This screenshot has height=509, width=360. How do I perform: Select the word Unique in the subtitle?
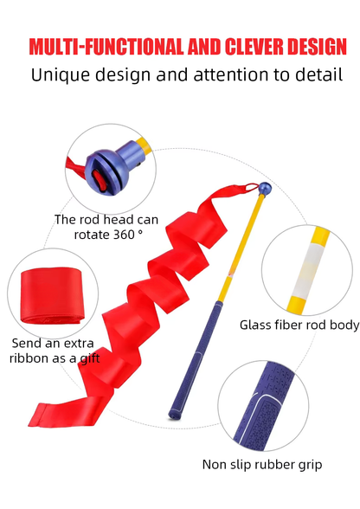click(x=60, y=75)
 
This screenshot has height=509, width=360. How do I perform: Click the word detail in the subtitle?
click(x=318, y=74)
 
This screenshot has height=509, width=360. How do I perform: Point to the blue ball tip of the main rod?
click(x=265, y=189)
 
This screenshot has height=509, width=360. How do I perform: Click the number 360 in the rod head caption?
click(x=124, y=234)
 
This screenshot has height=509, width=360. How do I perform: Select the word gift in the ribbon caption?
click(x=90, y=358)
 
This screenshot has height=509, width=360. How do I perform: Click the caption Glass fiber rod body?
click(x=299, y=325)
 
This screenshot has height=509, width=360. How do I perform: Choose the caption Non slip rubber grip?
click(x=262, y=465)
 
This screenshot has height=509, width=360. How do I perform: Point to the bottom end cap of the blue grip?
click(x=174, y=415)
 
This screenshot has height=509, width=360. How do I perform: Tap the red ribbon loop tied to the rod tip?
click(x=252, y=187)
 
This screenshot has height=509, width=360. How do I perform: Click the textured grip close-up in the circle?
click(x=264, y=406)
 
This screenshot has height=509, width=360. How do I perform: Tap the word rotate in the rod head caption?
click(x=92, y=235)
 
